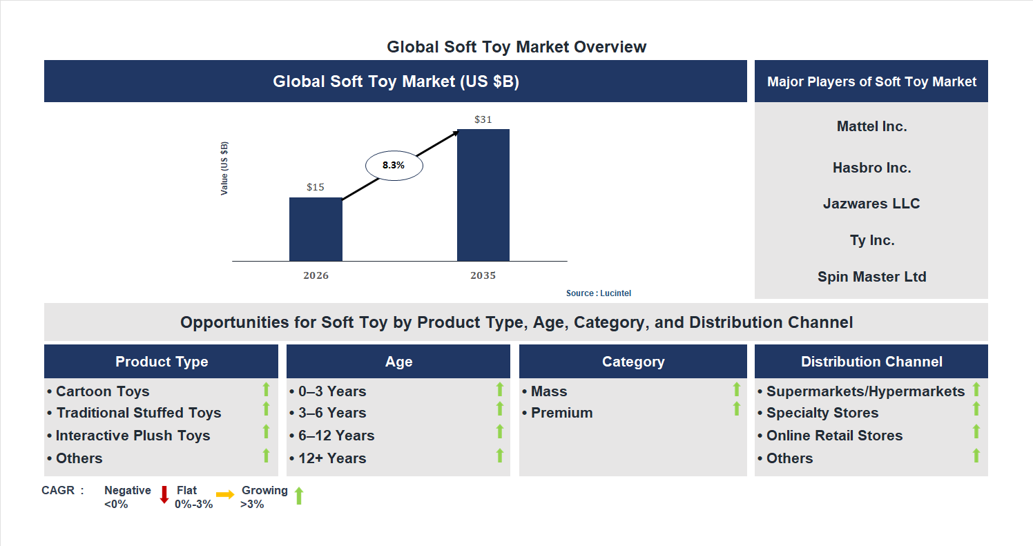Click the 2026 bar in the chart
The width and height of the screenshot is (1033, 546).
[x=316, y=229]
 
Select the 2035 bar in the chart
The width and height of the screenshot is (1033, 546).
[x=483, y=195]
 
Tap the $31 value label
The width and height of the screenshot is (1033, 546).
[x=483, y=119]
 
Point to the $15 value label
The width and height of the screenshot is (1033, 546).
[x=316, y=187]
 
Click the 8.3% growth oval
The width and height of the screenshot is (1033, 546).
[x=394, y=166]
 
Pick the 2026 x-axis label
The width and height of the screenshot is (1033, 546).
[x=316, y=275]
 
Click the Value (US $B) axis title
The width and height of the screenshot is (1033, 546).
[x=224, y=168]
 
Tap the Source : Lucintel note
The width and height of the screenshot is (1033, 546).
[x=598, y=293]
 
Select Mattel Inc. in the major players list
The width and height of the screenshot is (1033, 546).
[x=871, y=126]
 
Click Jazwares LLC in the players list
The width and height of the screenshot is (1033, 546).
[x=871, y=204]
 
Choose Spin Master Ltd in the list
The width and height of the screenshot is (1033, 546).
[x=871, y=277]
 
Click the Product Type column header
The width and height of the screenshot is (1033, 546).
[x=162, y=362]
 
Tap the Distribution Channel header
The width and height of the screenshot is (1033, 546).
[x=871, y=362]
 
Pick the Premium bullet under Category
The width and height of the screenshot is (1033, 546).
[x=561, y=413]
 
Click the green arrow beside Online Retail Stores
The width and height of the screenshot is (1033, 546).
[x=976, y=432]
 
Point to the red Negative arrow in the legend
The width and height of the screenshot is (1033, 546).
[x=164, y=494]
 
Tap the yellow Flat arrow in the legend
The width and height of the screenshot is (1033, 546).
[x=225, y=494]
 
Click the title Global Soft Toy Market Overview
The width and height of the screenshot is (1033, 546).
[x=516, y=47]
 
